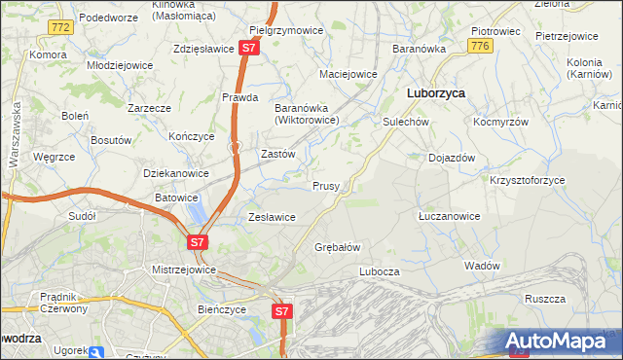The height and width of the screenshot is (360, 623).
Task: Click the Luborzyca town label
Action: (x=434, y=93)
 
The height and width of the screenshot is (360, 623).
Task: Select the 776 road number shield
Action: (x=478, y=46)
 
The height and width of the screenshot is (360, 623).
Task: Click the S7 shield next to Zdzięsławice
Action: (x=250, y=47)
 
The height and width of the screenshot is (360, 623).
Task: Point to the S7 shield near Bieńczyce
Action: (x=281, y=311)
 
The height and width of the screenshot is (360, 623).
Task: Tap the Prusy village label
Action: (x=325, y=186)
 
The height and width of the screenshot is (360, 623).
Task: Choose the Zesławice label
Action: (x=272, y=217)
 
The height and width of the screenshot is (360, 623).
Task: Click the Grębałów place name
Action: (x=338, y=247)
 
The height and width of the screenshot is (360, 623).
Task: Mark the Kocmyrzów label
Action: (x=500, y=123)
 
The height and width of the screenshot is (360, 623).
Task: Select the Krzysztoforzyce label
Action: (x=527, y=181)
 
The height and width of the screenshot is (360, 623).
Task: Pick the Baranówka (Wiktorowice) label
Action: (x=307, y=114)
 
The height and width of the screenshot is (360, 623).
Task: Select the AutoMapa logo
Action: (x=560, y=342)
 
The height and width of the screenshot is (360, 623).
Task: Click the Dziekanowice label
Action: (x=176, y=173)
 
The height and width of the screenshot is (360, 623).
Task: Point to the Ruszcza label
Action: (x=545, y=299)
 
